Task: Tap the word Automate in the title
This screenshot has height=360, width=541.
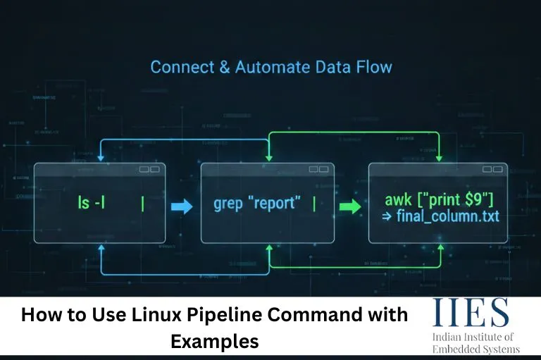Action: (x=271, y=68)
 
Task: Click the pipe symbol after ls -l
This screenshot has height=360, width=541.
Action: (x=143, y=204)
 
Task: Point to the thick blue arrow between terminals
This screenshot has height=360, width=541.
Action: (x=181, y=206)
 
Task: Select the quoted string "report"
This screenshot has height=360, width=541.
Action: (x=278, y=204)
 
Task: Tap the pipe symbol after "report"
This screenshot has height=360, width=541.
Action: (x=313, y=204)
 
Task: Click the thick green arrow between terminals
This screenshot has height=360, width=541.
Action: (x=349, y=207)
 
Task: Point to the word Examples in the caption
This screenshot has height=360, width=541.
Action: (x=214, y=342)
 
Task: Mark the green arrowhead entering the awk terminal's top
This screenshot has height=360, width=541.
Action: (x=439, y=159)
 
